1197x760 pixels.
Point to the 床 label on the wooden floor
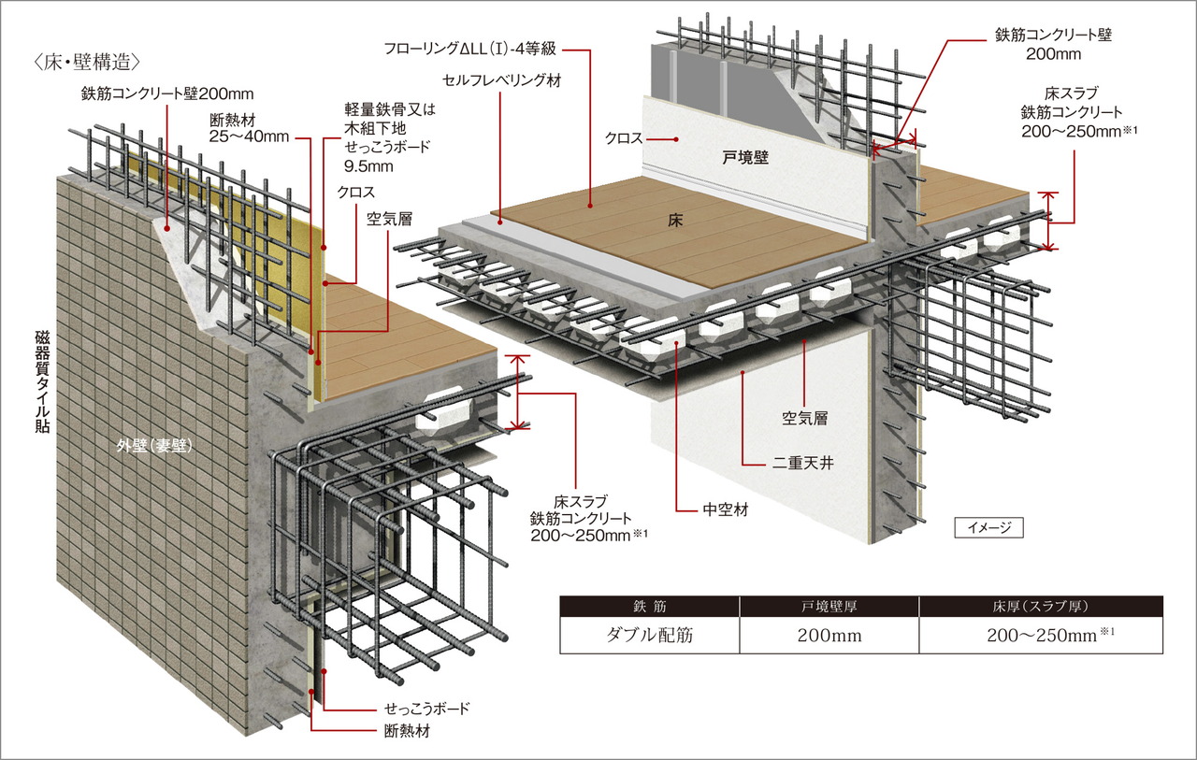tap(679, 222)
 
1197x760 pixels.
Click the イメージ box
tap(988, 528)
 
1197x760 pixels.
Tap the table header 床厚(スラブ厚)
tap(1041, 607)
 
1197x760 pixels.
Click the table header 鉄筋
tap(649, 607)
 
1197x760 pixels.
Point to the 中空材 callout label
tap(725, 510)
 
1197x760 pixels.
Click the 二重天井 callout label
tap(801, 460)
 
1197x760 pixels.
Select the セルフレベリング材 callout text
tap(501, 80)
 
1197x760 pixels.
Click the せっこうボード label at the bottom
tap(426, 709)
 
